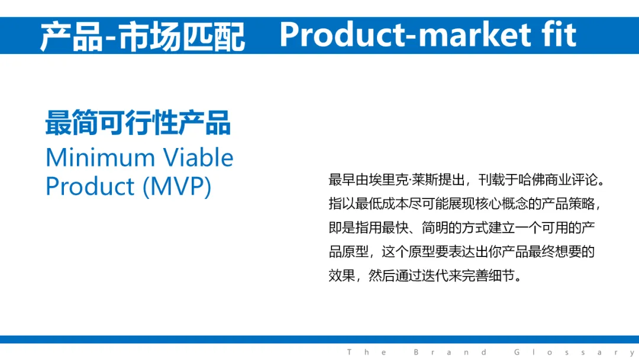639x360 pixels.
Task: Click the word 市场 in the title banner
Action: pyautogui.click(x=149, y=37)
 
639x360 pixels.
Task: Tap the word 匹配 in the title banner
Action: pyautogui.click(x=213, y=37)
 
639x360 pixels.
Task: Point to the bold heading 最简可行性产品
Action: pyautogui.click(x=138, y=123)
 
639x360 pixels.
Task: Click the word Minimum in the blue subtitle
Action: pyautogui.click(x=100, y=157)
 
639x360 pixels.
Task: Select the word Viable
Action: pyautogui.click(x=198, y=157)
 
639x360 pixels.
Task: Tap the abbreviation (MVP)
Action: pyautogui.click(x=177, y=187)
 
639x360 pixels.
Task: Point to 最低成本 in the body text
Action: pyautogui.click(x=382, y=204)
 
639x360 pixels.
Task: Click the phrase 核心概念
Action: pyautogui.click(x=501, y=204)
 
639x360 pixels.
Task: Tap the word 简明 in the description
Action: pyautogui.click(x=435, y=227)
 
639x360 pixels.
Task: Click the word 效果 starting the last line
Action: pyautogui.click(x=341, y=276)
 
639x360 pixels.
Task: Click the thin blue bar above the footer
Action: pyautogui.click(x=319, y=340)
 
